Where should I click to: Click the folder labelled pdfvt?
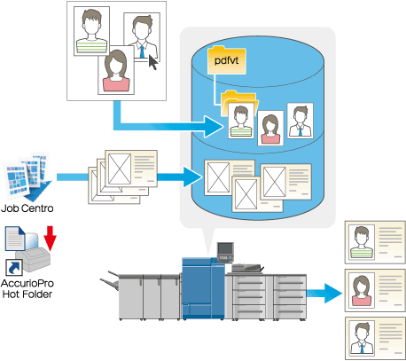[x=227, y=60]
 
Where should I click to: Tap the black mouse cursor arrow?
[x=153, y=62]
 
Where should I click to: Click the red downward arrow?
[x=50, y=238]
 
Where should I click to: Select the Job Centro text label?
[x=27, y=208]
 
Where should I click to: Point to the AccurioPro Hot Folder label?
[x=27, y=289]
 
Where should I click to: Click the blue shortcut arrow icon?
[x=14, y=267]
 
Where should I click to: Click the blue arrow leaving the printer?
[x=324, y=293]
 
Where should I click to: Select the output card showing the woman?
[x=375, y=290]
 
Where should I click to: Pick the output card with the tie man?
[x=375, y=338]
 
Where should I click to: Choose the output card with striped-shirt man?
[x=375, y=242]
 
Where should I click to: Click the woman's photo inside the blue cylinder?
[x=270, y=129]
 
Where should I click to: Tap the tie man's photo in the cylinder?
[x=301, y=121]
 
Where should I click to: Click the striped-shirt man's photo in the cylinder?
[x=241, y=121]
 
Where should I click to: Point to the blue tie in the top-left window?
[x=142, y=51]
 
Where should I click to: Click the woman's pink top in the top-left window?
[x=116, y=83]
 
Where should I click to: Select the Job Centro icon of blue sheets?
[x=27, y=176]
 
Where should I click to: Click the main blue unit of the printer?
[x=203, y=288]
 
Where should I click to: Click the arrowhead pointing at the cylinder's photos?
[x=214, y=127]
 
